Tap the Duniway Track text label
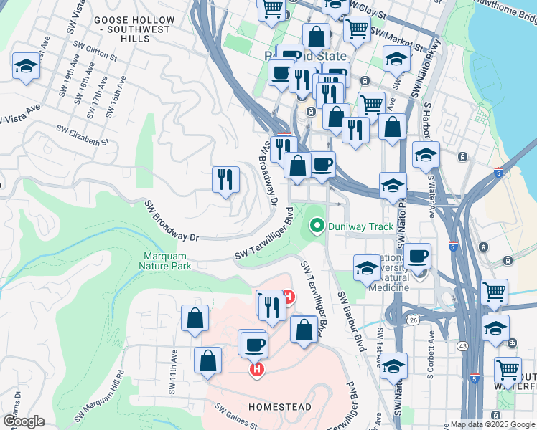click(x=360, y=226)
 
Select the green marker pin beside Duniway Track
click(x=316, y=226)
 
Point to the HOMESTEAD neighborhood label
click(x=280, y=407)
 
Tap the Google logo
click(x=23, y=421)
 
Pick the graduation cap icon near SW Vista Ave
click(x=26, y=67)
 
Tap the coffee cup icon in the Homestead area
click(x=253, y=345)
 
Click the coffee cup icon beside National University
click(x=417, y=255)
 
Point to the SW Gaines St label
click(x=235, y=415)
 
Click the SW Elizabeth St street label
click(x=83, y=136)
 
